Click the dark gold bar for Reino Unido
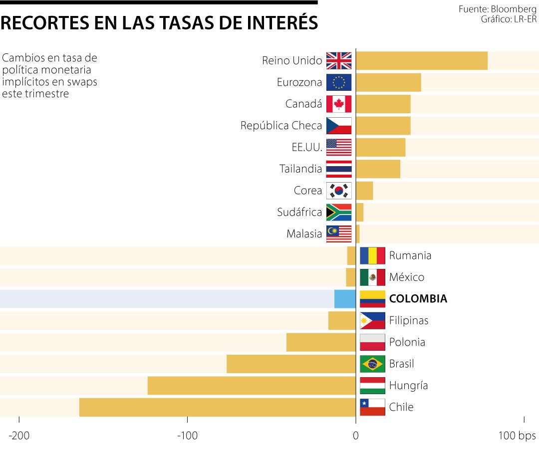[x=422, y=61]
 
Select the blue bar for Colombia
[x=345, y=299]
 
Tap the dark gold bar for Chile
[x=218, y=407]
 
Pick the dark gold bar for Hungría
[x=252, y=386]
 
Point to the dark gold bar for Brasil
[x=291, y=364]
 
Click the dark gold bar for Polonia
[x=321, y=342]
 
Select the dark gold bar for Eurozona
[x=388, y=82]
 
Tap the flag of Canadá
[x=339, y=104]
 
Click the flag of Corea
[x=339, y=191]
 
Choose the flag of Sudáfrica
[x=339, y=213]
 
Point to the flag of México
[x=372, y=277]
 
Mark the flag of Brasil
[x=372, y=364]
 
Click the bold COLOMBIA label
[x=418, y=299]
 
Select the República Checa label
[x=281, y=126]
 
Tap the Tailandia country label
[x=300, y=169]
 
